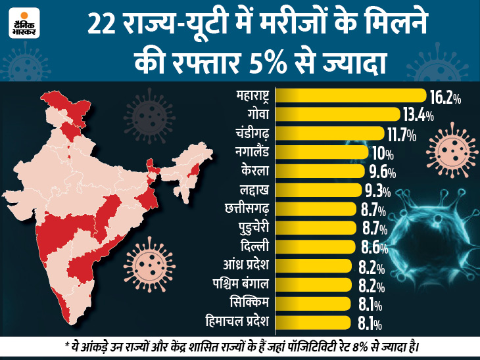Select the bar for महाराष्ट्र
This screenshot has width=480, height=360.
(351, 96)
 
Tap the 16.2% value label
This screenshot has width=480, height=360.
(444, 99)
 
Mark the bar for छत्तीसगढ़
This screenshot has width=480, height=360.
(317, 210)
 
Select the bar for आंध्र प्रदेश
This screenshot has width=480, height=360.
(314, 266)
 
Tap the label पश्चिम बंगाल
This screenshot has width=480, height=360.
(239, 284)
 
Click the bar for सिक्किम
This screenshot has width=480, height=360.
(312, 304)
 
